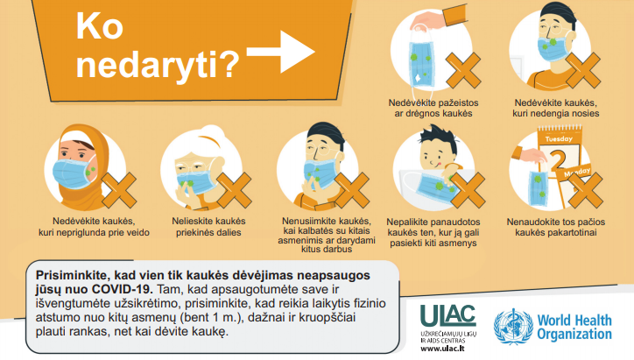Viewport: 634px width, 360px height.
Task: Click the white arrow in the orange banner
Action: pyautogui.click(x=280, y=52)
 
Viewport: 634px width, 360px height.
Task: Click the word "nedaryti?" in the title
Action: pyautogui.click(x=158, y=65)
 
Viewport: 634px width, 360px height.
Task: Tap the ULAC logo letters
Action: pyautogui.click(x=448, y=315)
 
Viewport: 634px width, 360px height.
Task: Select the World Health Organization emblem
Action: pyautogui.click(x=513, y=327)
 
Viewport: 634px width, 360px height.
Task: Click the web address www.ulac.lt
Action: pyautogui.click(x=442, y=349)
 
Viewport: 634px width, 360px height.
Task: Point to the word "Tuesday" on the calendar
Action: pyautogui.click(x=559, y=138)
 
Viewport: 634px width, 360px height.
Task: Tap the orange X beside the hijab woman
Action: pyautogui.click(x=119, y=190)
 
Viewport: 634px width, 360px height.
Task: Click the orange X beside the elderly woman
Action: pyautogui.click(x=234, y=190)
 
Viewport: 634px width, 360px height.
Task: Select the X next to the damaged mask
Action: pyautogui.click(x=463, y=70)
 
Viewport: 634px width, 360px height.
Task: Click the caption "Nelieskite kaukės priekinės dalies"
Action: pyautogui.click(x=208, y=227)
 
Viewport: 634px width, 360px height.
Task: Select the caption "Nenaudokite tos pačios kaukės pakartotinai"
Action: pyautogui.click(x=556, y=227)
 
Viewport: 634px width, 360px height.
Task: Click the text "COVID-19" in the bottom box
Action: pyautogui.click(x=123, y=289)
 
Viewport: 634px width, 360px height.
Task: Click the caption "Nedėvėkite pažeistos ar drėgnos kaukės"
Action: pyautogui.click(x=433, y=108)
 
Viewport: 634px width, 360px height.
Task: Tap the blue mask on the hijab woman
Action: pyautogui.click(x=74, y=173)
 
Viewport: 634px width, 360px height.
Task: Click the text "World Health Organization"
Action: pyautogui.click(x=574, y=328)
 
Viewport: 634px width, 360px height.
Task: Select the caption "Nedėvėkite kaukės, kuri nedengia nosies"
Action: pyautogui.click(x=556, y=108)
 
